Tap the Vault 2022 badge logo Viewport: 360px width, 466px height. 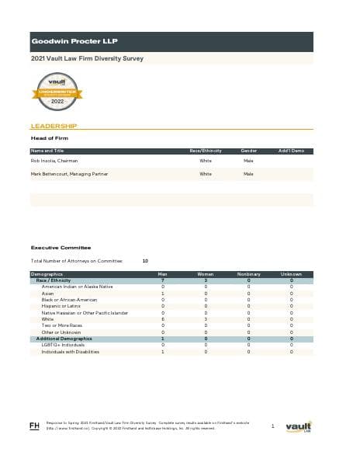coord(57,92)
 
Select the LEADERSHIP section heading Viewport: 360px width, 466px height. coord(53,125)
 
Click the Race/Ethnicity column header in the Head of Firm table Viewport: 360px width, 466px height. coord(206,150)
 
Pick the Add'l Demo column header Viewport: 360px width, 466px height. coord(291,150)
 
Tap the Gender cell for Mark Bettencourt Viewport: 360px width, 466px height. coord(248,174)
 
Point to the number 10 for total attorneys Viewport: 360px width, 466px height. coord(145,261)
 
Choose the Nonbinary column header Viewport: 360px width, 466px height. coord(248,274)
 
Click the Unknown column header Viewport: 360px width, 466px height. coord(291,274)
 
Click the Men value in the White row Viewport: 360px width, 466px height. coord(162,318)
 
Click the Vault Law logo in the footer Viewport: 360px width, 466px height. coord(299,426)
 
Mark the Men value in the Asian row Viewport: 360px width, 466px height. coord(162,294)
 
